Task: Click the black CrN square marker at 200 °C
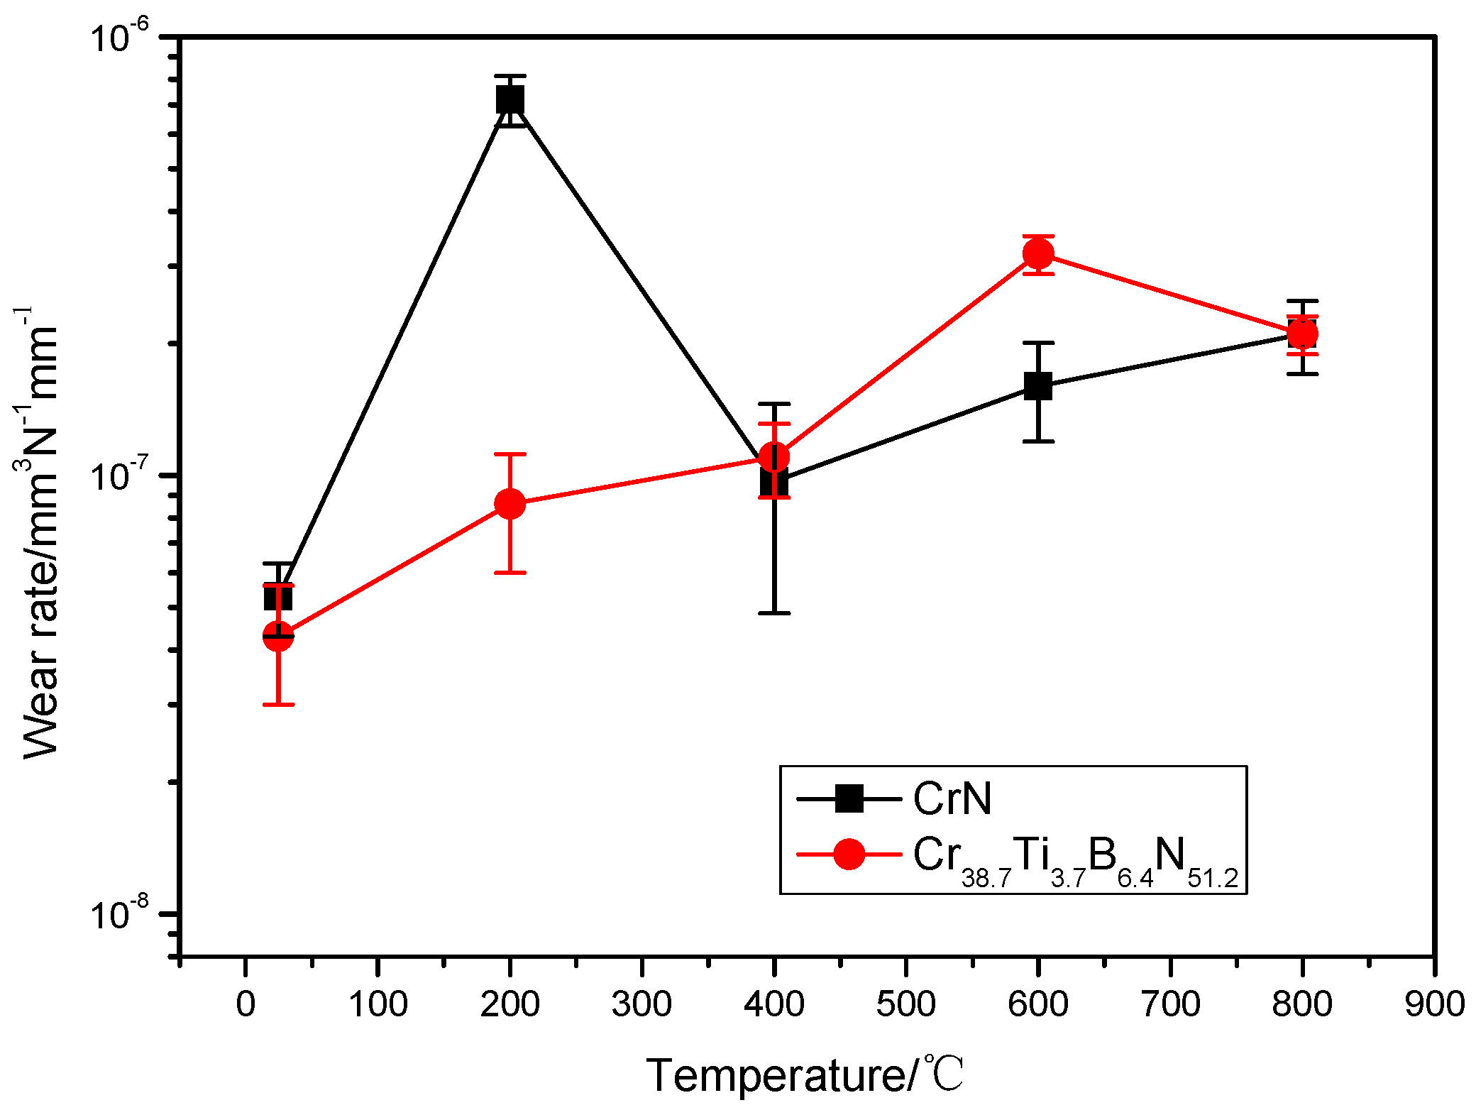pyautogui.click(x=510, y=99)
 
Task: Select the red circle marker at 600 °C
pyautogui.click(x=1038, y=253)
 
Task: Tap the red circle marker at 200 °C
pyautogui.click(x=510, y=504)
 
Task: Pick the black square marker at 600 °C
pyautogui.click(x=1038, y=386)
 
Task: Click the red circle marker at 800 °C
pyautogui.click(x=1303, y=334)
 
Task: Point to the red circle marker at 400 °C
pyautogui.click(x=774, y=457)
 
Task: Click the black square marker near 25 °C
pyautogui.click(x=277, y=597)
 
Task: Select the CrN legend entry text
pyautogui.click(x=952, y=799)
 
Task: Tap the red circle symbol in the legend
pyautogui.click(x=849, y=854)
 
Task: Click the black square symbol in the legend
pyautogui.click(x=849, y=798)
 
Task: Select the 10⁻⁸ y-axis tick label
pyautogui.click(x=121, y=913)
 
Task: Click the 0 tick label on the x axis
pyautogui.click(x=246, y=1004)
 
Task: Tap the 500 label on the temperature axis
pyautogui.click(x=906, y=1004)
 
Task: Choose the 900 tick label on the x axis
pyautogui.click(x=1434, y=1004)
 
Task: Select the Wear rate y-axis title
pyautogui.click(x=39, y=532)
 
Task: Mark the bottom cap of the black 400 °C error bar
pyautogui.click(x=774, y=612)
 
